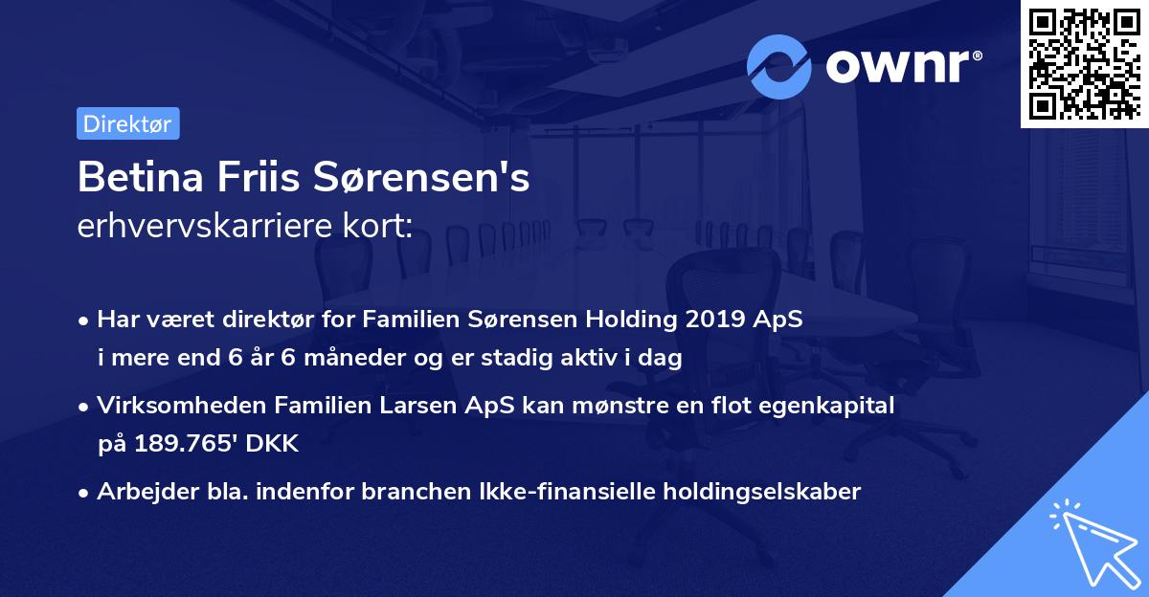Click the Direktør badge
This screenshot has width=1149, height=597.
point(127,123)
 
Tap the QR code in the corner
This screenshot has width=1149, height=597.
point(1083,63)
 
